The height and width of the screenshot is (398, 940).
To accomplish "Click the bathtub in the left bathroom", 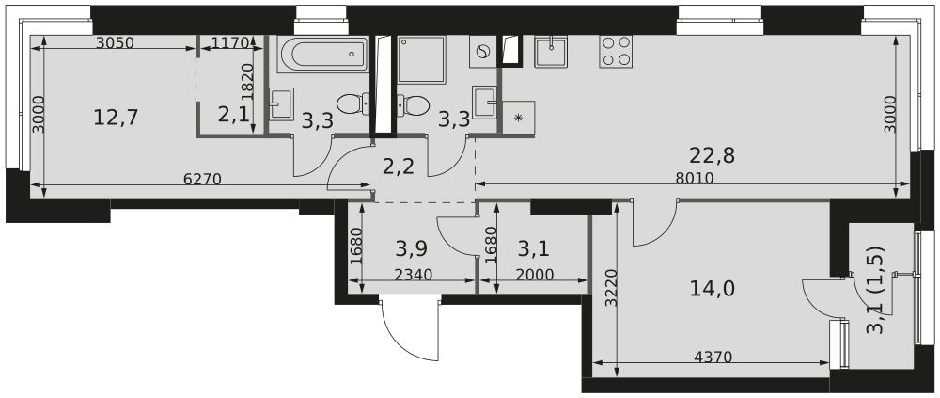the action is point(322,54).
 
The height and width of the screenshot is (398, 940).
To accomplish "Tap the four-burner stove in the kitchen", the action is point(616,51).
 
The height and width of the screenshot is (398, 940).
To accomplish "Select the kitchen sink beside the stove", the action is point(551,51).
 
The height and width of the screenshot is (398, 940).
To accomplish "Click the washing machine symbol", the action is point(482,51).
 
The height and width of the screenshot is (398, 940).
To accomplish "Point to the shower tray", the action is point(421,59).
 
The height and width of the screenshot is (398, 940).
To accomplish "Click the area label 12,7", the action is point(116,117).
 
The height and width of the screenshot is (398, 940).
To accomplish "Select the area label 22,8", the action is point(713,155).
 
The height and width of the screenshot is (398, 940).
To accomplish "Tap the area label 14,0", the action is point(713,289).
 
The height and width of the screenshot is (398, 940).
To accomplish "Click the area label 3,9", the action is point(412,247).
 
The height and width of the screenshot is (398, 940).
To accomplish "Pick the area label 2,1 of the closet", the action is point(232,115).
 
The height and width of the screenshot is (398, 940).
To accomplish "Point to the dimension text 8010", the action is point(694,178).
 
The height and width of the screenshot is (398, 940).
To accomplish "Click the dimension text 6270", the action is point(202,178).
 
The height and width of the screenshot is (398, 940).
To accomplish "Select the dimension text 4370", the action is point(713,358).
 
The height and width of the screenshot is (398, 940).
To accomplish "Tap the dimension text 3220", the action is point(610,288).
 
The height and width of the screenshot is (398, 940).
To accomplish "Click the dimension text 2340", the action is point(413,275).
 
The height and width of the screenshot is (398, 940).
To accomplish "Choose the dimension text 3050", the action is point(115,42).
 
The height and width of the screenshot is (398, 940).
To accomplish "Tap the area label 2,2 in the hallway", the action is point(398,167).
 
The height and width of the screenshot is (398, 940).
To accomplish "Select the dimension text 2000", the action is point(534,275).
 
